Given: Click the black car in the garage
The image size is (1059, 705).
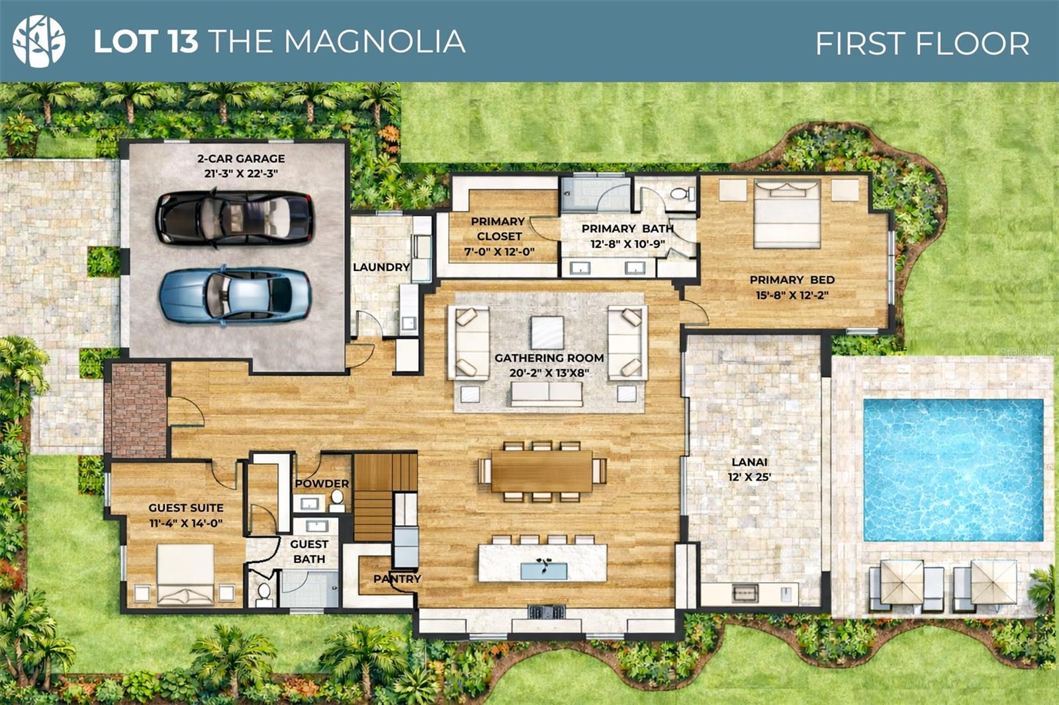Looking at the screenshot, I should coord(234,218).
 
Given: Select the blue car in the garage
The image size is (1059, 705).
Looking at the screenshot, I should coord(235,296).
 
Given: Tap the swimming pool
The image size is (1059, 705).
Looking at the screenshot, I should coord(953,470).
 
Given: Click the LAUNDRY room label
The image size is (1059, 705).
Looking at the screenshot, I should coord(381,267).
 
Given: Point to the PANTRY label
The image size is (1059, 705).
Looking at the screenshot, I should coord(397,579).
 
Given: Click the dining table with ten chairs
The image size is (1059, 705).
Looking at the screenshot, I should coord(542,471).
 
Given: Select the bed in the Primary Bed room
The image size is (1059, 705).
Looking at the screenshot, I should coord(787,213).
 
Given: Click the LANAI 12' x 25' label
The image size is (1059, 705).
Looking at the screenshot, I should coord(749,470).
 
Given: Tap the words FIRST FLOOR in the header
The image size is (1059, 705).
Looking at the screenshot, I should coord(922,44).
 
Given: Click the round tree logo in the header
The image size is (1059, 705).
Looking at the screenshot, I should coord(39,41).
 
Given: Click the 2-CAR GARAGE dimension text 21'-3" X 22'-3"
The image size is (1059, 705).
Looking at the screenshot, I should coord(241,173).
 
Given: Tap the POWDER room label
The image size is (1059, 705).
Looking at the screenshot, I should coord(322,483).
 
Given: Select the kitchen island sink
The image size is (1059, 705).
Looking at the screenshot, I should coord(543,569).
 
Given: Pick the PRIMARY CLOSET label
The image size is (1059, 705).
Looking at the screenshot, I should coord(498,229).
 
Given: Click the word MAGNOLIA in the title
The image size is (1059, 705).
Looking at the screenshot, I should coord(375,41).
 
